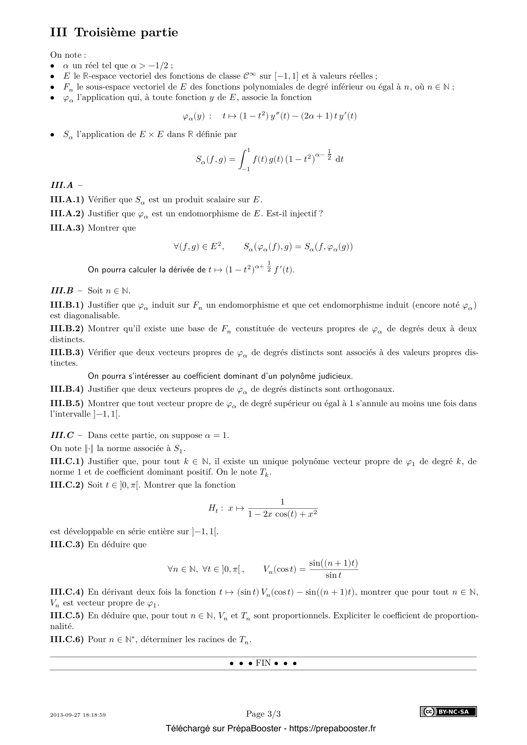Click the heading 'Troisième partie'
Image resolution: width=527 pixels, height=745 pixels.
pos(126,32)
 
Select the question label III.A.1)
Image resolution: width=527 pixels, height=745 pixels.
pos(67,200)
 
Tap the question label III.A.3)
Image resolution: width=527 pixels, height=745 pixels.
pos(67,228)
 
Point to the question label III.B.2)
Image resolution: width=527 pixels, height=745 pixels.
pos(67,329)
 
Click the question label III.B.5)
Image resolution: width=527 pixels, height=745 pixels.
pos(67,403)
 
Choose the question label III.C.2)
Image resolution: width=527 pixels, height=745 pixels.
pos(67,485)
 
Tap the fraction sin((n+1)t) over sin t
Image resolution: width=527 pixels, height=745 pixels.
pos(334,569)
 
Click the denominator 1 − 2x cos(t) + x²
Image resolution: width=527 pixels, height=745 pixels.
pos(282,514)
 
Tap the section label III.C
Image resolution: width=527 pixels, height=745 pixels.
pos(62,435)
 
